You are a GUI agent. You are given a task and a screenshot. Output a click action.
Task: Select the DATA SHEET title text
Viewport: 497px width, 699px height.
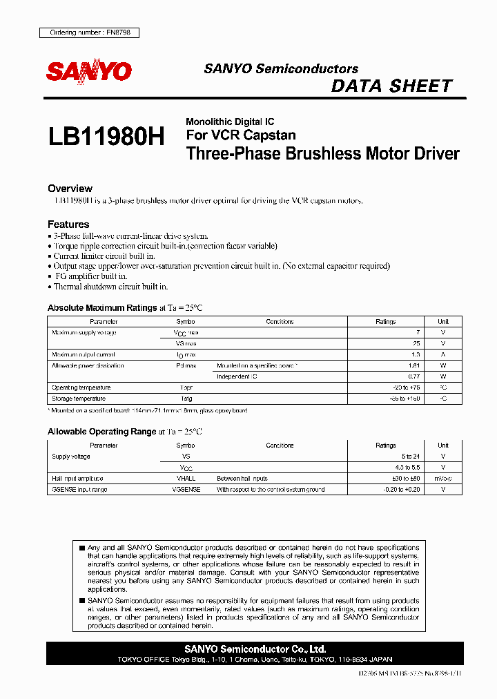tap(391, 86)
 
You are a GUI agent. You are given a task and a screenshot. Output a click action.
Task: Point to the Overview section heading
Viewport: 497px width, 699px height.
tap(70, 189)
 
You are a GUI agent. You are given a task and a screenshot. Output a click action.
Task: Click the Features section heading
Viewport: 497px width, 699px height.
tap(68, 224)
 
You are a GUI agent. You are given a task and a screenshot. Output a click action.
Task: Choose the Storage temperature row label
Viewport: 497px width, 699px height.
tap(79, 399)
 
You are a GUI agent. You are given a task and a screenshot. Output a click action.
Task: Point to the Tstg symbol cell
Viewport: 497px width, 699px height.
tap(186, 399)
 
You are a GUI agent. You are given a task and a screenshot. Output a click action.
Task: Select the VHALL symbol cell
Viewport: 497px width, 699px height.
tap(186, 479)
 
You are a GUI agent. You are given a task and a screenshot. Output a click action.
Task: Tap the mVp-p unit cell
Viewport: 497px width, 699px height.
tap(443, 479)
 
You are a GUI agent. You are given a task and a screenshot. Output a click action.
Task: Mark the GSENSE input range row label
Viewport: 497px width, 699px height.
tap(80, 490)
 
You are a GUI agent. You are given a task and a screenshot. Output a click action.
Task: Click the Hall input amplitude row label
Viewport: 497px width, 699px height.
tap(77, 479)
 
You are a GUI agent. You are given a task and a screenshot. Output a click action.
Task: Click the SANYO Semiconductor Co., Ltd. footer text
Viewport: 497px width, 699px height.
tap(255, 649)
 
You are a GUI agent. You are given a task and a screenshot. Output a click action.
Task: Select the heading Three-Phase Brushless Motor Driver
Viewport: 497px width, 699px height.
tap(322, 153)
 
